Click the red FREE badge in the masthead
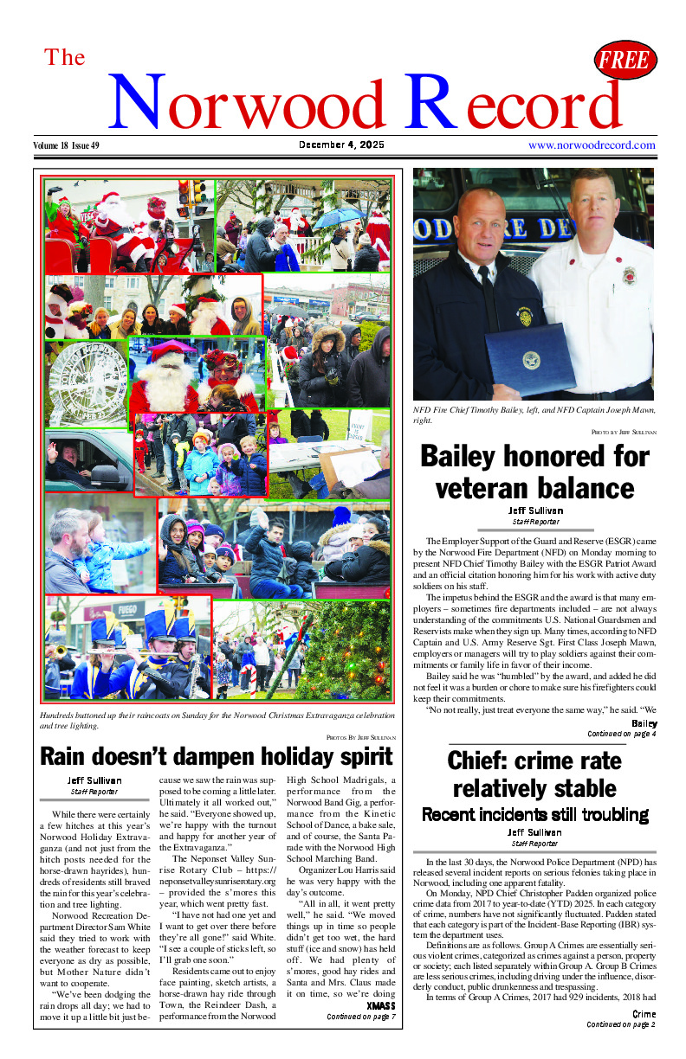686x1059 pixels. [625, 61]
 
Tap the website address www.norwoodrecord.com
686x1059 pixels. [592, 144]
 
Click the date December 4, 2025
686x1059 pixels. [342, 144]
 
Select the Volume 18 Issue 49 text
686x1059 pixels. [67, 145]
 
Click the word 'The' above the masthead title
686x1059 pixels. [65, 58]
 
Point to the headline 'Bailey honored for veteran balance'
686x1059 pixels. [534, 471]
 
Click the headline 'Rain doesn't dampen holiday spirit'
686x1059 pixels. [217, 757]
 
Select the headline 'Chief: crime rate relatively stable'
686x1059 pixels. [534, 773]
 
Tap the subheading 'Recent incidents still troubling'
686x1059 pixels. [534, 814]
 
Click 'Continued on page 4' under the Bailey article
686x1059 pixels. [621, 735]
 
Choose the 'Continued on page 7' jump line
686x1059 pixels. [360, 1017]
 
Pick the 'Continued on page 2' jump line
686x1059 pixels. [620, 1024]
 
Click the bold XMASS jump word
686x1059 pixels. [380, 1006]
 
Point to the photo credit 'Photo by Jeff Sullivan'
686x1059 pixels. [624, 431]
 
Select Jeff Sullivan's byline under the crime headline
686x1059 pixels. [534, 832]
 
